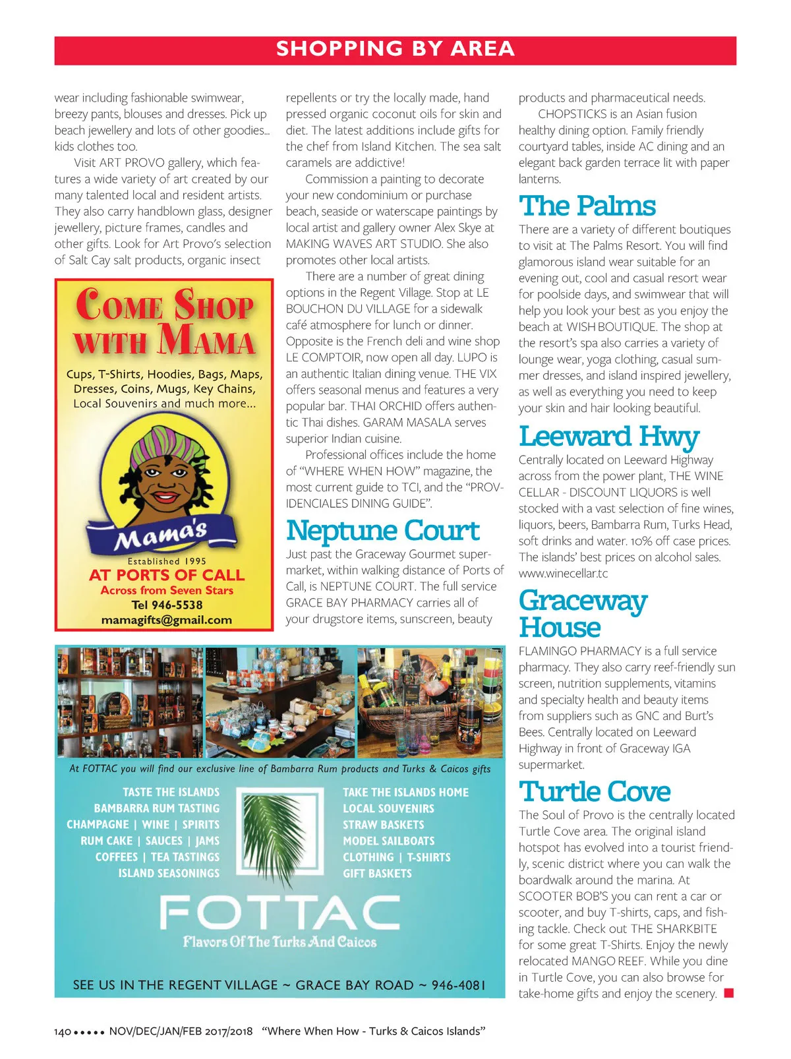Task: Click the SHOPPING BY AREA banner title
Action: (395, 49)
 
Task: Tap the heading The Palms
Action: (587, 206)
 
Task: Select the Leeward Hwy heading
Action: (608, 436)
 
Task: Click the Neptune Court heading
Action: (383, 530)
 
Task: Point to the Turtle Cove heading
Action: (595, 791)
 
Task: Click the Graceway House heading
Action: (582, 614)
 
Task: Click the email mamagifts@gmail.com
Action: (166, 620)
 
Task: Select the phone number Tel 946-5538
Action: (167, 605)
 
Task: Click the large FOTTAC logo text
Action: (280, 913)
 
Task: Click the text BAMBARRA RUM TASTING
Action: (156, 808)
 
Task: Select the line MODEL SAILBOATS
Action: (388, 841)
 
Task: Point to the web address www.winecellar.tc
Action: (563, 573)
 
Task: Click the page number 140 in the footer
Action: (63, 1031)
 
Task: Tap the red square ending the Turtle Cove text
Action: (728, 993)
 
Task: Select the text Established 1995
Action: (167, 561)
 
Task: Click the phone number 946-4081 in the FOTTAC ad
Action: (458, 985)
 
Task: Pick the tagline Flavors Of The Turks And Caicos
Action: (280, 942)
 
